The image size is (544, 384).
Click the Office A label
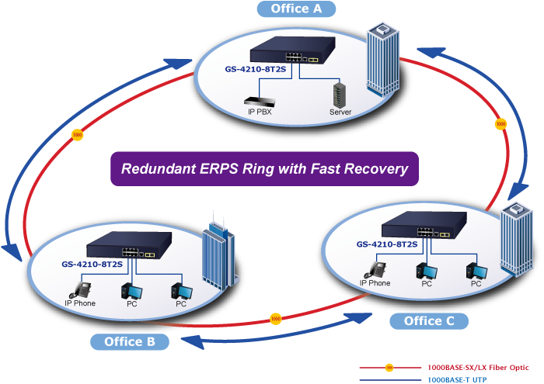point(297,9)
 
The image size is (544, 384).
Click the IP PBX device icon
point(259,101)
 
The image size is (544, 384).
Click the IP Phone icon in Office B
point(81,289)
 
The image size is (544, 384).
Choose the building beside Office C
point(516,237)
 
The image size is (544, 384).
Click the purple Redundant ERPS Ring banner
point(263,168)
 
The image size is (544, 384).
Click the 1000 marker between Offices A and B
point(76,135)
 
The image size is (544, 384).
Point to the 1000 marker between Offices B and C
point(274,318)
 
